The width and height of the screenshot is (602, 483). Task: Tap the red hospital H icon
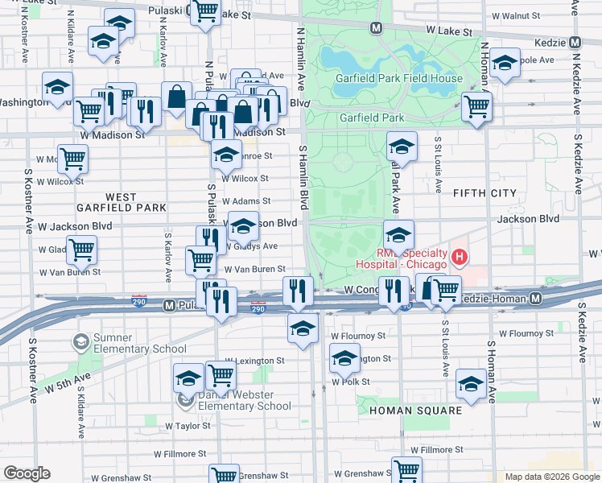459,258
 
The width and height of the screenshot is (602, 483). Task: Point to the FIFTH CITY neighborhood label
484,193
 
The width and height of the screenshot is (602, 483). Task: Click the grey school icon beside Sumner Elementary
80,343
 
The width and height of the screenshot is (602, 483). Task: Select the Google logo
27,473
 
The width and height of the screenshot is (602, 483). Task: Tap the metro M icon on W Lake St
375,27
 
